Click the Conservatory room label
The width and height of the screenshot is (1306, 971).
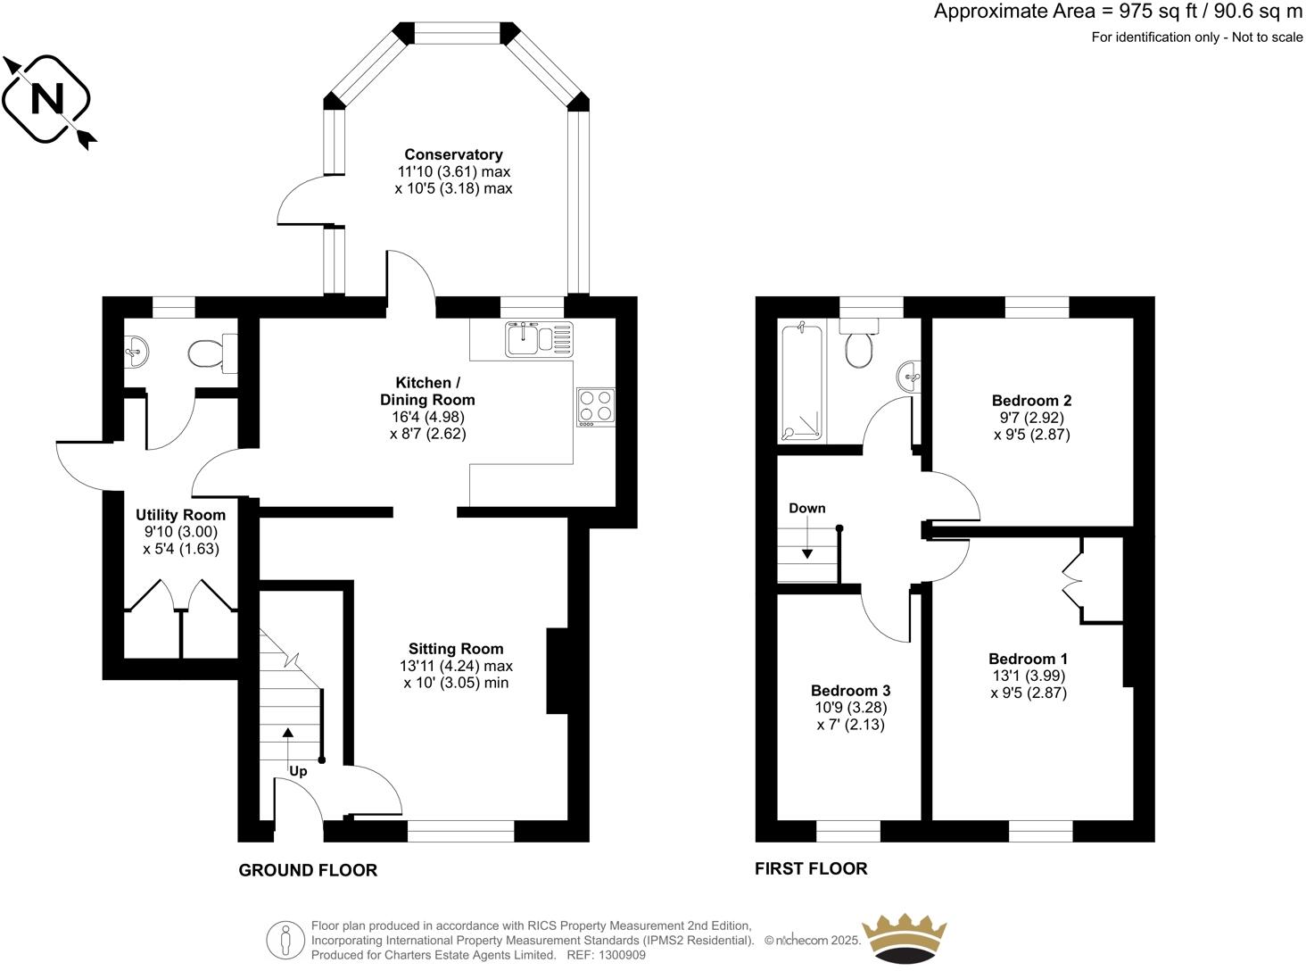click(453, 154)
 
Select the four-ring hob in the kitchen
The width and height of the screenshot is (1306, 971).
click(595, 406)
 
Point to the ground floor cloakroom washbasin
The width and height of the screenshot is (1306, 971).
click(136, 351)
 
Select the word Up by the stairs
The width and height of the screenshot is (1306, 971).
click(298, 771)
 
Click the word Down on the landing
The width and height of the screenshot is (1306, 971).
click(806, 508)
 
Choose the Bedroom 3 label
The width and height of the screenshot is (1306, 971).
click(850, 690)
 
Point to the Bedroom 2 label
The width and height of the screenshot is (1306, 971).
click(1031, 400)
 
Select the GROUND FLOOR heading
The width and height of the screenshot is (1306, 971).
click(308, 870)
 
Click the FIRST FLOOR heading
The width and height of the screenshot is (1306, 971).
click(811, 868)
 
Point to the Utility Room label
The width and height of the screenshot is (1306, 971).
click(180, 515)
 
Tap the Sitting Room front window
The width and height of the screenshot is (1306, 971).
click(460, 832)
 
